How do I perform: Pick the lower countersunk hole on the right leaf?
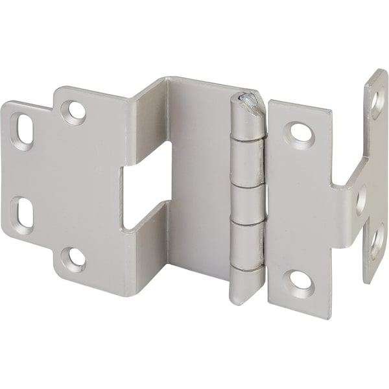[x=300, y=279]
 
